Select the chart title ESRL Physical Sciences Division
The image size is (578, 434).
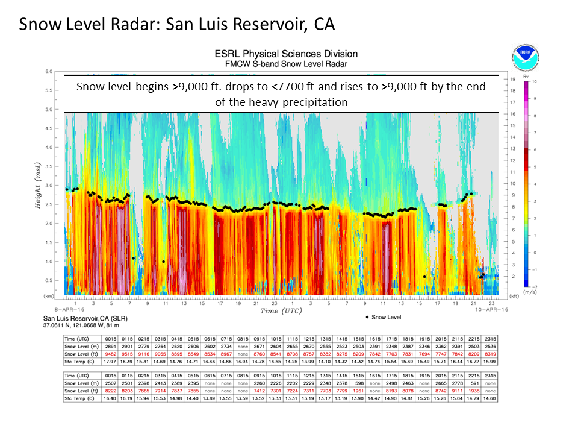[281, 54]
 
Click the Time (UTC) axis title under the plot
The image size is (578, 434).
[281, 311]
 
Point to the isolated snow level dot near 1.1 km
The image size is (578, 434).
[132, 258]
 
